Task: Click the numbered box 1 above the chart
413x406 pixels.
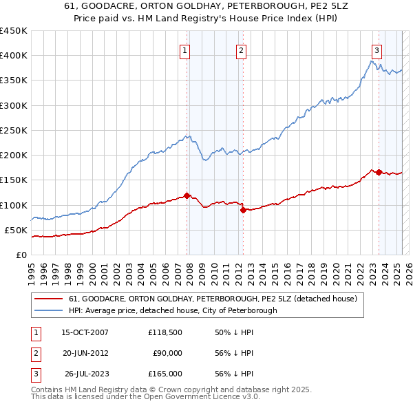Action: pos(186,50)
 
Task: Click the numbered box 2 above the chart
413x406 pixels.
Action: pos(242,50)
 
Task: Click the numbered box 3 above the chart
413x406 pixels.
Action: pos(377,50)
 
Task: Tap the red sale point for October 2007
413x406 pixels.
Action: pos(187,195)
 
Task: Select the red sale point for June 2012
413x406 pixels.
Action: pos(243,211)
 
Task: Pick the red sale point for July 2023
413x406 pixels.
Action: pos(379,172)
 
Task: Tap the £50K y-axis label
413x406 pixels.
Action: pos(17,230)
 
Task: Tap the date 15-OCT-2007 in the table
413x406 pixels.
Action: pos(85,332)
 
